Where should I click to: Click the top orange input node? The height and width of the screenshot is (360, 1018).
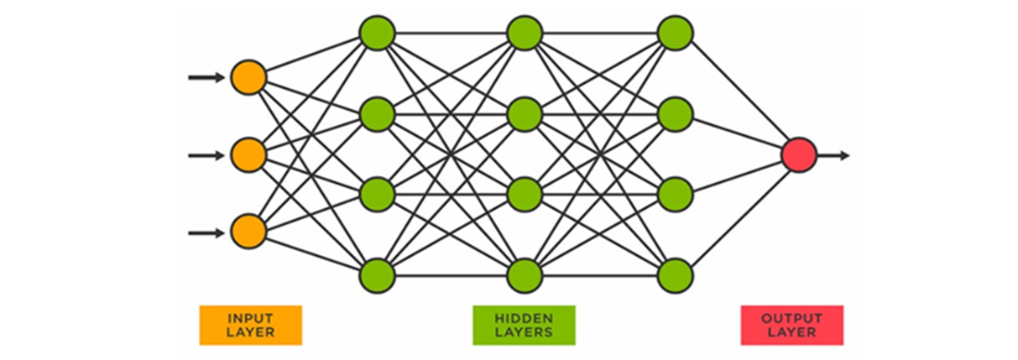point(248,77)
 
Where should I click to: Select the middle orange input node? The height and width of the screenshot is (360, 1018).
point(248,155)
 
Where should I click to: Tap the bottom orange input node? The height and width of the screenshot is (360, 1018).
point(248,232)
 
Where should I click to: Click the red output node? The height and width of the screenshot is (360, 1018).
point(798,155)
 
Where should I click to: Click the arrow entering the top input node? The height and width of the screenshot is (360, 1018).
point(206,77)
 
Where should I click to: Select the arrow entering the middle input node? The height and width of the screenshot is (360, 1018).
point(206,155)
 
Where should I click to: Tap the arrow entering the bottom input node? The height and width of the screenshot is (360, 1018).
point(206,232)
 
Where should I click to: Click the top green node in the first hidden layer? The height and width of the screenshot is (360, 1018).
point(377,34)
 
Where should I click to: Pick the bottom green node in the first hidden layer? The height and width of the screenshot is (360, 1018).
point(377,275)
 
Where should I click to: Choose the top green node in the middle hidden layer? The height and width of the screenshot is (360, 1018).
point(525,34)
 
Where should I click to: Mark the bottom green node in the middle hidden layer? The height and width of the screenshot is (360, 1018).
point(525,275)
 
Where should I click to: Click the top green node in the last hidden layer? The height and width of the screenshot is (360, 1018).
point(675,34)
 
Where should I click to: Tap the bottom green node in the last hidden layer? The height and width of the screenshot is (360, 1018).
point(675,275)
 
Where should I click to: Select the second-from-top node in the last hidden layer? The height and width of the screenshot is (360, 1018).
point(675,114)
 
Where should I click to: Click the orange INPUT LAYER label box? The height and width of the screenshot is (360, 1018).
point(250,325)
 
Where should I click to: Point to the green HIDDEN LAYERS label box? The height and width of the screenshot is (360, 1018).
point(524,325)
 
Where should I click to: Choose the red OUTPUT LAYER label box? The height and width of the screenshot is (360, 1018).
point(791,325)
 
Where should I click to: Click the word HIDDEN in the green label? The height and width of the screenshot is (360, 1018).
point(524,318)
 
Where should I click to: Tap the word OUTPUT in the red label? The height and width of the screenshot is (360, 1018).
point(791,318)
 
